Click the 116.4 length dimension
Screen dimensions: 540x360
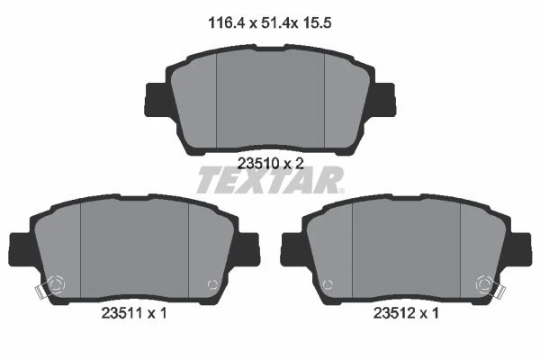tap(226, 23)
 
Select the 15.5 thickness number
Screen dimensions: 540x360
tap(317, 23)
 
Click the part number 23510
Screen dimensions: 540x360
tap(258, 164)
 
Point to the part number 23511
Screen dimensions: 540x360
tap(121, 313)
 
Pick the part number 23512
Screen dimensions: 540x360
tap(394, 313)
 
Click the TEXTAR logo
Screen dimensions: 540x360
tap(270, 180)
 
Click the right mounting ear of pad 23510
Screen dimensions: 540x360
tap(383, 99)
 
